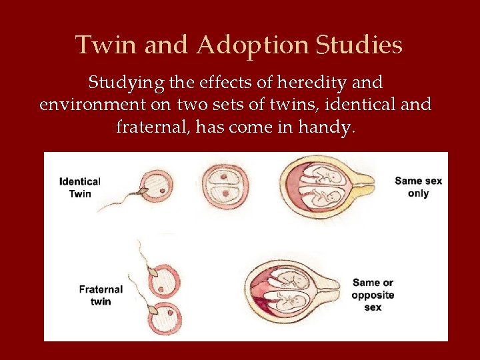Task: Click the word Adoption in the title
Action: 253,46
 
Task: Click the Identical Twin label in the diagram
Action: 79,187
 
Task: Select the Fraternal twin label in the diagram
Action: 101,295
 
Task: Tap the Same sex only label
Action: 418,187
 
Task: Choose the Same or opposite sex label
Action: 373,295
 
